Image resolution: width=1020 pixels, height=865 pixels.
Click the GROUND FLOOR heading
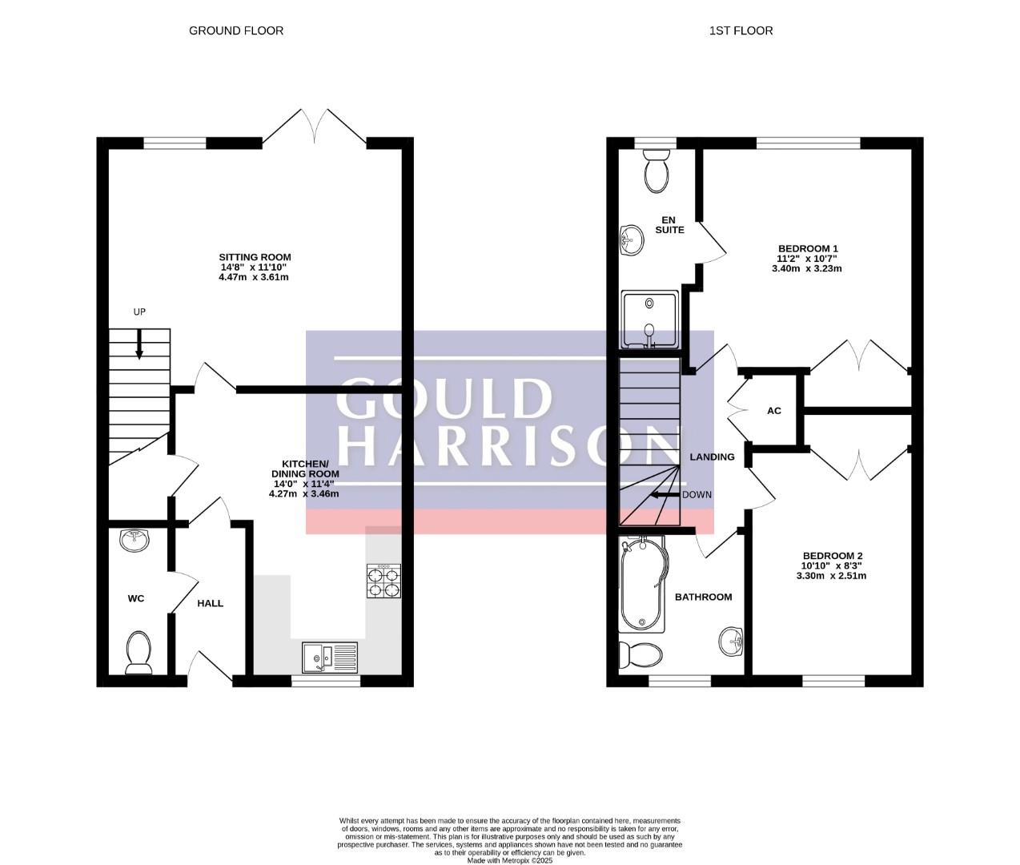[x=236, y=30]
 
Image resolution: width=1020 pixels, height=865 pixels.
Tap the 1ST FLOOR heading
[x=741, y=30]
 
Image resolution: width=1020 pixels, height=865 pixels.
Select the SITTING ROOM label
[x=255, y=257]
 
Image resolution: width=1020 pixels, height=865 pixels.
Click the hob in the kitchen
[x=384, y=581]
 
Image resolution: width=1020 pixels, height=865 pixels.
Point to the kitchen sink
[x=330, y=657]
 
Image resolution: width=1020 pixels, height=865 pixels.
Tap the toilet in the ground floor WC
[x=139, y=654]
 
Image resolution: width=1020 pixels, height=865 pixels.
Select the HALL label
[x=211, y=603]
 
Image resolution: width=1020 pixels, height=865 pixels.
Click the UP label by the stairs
[x=139, y=312]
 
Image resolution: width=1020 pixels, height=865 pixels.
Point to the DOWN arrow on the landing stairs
[x=665, y=495]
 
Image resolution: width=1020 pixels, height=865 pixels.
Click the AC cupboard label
[x=774, y=411]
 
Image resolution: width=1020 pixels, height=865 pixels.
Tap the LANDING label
[x=712, y=457]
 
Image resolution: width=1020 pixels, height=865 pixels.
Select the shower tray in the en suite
[x=651, y=320]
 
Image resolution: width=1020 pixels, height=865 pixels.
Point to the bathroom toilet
[x=640, y=655]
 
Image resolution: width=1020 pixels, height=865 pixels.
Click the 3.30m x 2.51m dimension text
[x=832, y=576]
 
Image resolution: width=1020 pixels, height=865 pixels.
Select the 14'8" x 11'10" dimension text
[x=254, y=267]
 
